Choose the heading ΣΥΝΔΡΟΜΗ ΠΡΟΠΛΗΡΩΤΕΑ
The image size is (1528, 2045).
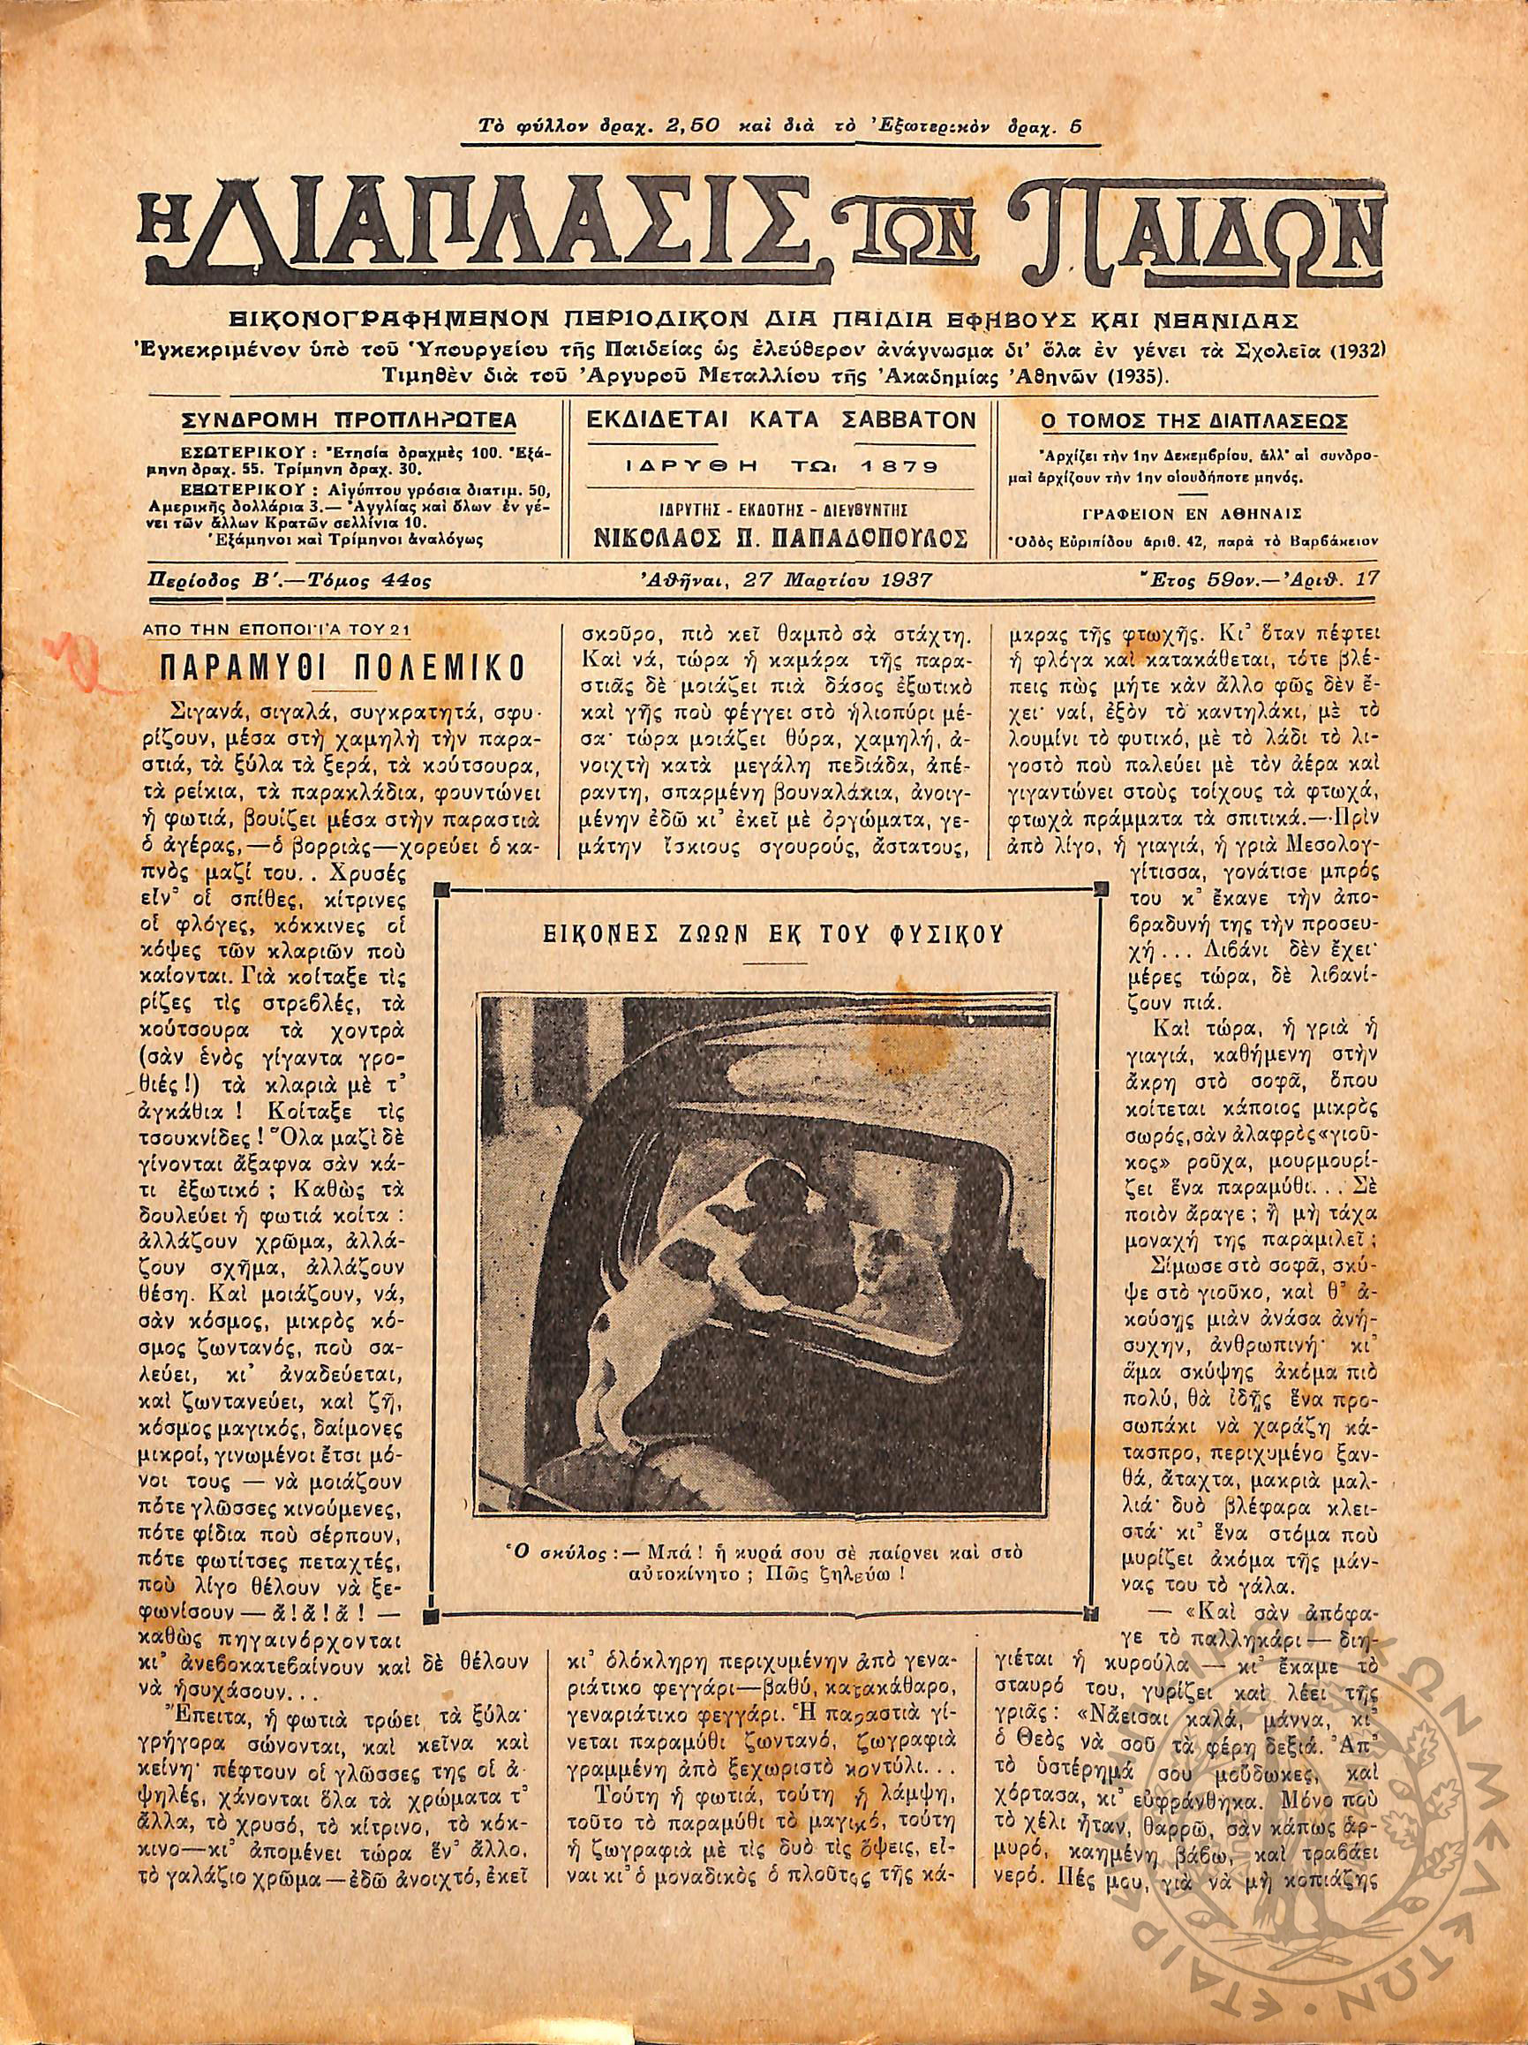click(x=350, y=421)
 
